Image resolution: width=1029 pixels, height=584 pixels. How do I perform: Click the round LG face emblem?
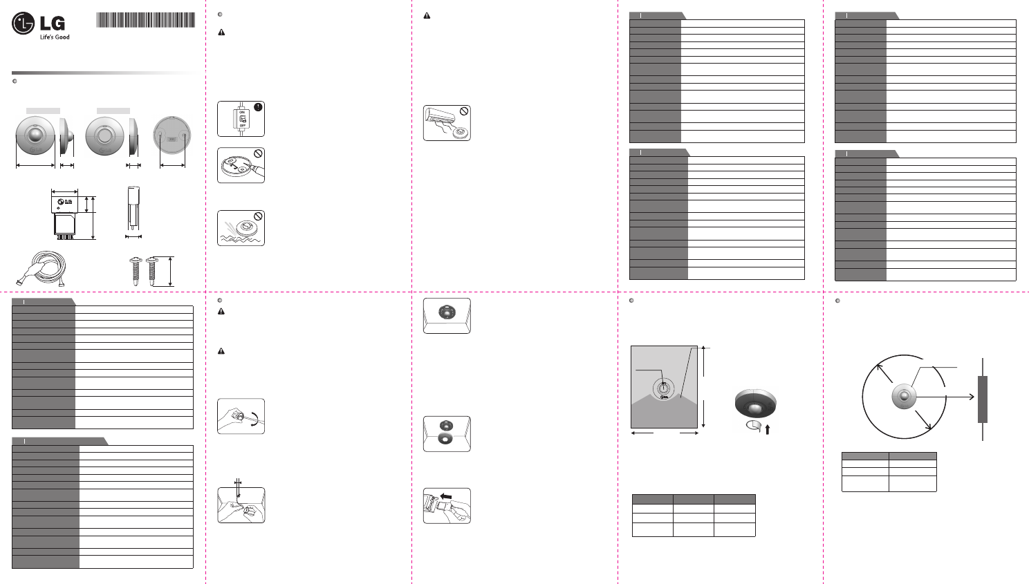coord(23,23)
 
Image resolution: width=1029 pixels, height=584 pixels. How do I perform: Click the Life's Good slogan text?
coord(55,37)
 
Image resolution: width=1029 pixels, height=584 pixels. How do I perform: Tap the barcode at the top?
coord(145,19)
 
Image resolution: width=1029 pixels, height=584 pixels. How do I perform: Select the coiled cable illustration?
coord(40,270)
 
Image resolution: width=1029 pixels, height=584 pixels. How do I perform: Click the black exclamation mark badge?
coord(258,107)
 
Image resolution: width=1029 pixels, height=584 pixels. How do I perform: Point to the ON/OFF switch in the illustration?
coord(242,119)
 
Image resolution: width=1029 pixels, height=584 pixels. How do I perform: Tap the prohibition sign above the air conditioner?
coord(465,111)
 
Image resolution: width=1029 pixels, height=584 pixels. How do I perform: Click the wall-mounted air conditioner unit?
coord(441,116)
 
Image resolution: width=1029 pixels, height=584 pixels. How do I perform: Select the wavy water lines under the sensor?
coord(239,238)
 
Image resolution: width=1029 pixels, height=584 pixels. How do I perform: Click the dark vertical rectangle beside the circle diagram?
coord(983,399)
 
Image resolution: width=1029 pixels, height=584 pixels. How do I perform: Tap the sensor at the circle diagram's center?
coord(903,397)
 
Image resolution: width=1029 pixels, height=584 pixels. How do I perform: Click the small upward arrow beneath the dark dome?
coord(768,429)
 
